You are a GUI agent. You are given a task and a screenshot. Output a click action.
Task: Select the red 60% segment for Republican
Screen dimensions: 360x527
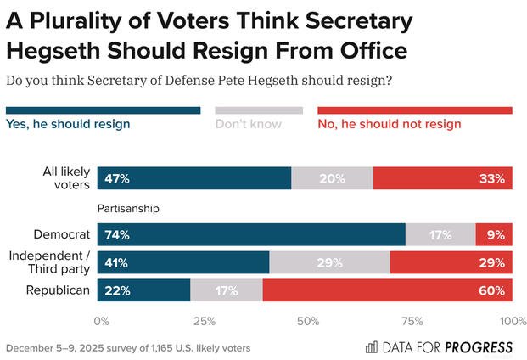387,290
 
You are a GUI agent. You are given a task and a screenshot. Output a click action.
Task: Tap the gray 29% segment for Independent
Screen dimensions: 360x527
329,262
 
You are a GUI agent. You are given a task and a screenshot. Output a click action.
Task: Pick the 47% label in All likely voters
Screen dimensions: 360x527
116,178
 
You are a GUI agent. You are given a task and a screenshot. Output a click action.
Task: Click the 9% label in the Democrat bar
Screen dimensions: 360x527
495,235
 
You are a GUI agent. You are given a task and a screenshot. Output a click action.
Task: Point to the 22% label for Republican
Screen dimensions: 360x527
116,290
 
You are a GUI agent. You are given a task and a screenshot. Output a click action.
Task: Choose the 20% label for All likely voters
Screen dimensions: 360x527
333,178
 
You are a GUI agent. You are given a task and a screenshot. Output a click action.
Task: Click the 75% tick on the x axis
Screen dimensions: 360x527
412,322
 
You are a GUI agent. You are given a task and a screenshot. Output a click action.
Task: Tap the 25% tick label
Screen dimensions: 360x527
205,322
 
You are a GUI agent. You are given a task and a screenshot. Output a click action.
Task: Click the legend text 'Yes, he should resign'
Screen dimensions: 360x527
68,124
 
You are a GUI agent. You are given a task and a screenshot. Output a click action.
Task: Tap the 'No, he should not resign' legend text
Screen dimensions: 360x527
389,124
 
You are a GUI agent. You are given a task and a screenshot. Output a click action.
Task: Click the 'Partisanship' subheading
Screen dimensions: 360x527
129,207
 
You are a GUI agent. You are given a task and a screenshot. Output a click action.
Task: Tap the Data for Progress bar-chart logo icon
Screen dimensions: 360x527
372,347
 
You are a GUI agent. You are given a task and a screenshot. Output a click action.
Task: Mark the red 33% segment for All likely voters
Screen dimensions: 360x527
442,178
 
